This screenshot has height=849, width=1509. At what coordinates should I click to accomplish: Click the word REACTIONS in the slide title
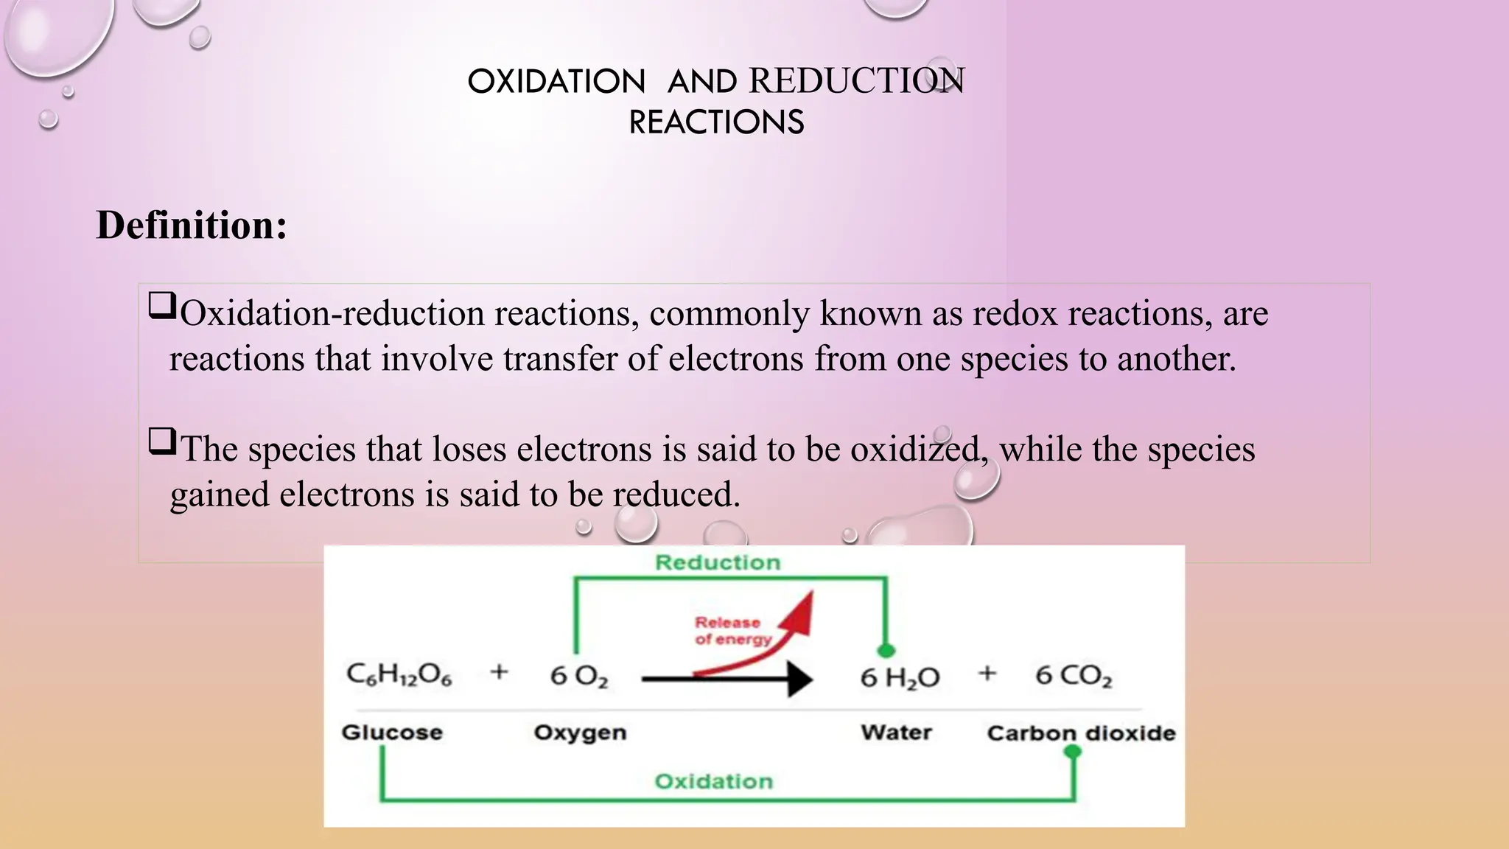pyautogui.click(x=716, y=122)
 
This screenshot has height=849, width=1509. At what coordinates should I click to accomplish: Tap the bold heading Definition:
pyautogui.click(x=192, y=225)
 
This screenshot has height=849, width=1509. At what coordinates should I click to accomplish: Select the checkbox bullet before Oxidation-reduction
pyautogui.click(x=162, y=305)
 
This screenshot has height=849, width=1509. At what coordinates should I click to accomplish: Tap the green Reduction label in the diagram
pyautogui.click(x=718, y=563)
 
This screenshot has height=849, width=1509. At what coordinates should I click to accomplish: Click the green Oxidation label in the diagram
pyautogui.click(x=714, y=781)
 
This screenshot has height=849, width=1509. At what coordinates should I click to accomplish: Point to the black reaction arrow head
pyautogui.click(x=799, y=679)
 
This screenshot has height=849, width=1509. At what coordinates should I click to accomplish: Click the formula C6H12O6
pyautogui.click(x=399, y=674)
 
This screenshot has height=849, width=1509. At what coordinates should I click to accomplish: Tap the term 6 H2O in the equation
pyautogui.click(x=900, y=677)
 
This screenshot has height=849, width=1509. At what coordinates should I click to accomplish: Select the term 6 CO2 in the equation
pyautogui.click(x=1074, y=676)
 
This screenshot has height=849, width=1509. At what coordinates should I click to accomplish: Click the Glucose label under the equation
pyautogui.click(x=392, y=733)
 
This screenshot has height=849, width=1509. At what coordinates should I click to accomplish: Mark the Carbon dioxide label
pyautogui.click(x=1081, y=733)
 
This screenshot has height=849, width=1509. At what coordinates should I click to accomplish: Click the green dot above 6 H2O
pyautogui.click(x=886, y=650)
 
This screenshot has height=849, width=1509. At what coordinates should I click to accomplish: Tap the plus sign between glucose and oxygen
pyautogui.click(x=499, y=671)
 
